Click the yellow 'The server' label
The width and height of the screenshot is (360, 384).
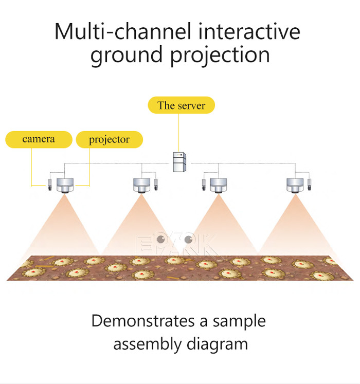181,105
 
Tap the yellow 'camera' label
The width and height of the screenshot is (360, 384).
39,139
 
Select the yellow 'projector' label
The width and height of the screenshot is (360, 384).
109,139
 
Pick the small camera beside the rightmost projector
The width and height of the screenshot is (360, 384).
310,184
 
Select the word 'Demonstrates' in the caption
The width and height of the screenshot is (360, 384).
143,321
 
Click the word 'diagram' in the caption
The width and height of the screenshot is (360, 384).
220,343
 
